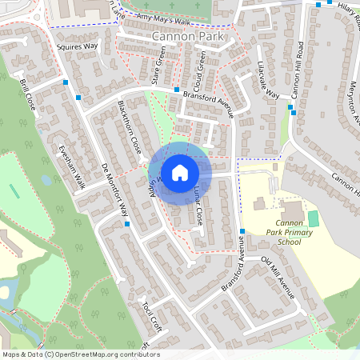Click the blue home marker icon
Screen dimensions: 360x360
coord(180,172)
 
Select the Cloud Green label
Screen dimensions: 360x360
coord(201,70)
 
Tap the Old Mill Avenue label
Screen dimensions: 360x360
coord(278,279)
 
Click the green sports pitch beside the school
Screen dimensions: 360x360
coord(313,218)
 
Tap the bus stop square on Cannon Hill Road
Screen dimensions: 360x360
coord(293,113)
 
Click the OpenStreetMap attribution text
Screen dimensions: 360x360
coord(81,354)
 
